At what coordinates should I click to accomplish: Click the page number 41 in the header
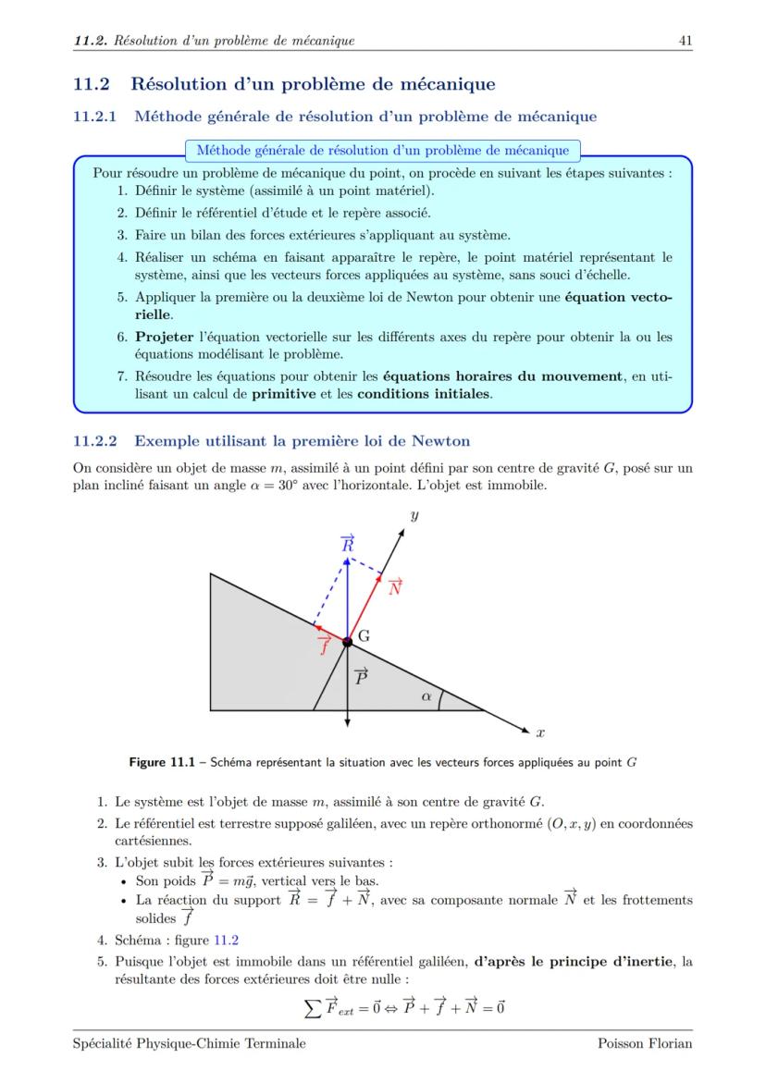coord(686,40)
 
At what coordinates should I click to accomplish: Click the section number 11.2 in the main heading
coord(91,84)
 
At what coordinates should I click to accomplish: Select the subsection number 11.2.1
coord(95,117)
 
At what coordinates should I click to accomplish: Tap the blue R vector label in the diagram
coord(348,545)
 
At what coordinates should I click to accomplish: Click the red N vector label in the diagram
coord(395,586)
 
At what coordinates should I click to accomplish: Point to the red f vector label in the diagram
coord(324,644)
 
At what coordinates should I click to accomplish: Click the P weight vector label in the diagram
coord(362,676)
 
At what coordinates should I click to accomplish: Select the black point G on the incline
coord(347,642)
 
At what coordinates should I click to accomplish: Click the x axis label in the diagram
coord(540,732)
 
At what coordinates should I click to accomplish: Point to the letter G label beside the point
coord(364,636)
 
